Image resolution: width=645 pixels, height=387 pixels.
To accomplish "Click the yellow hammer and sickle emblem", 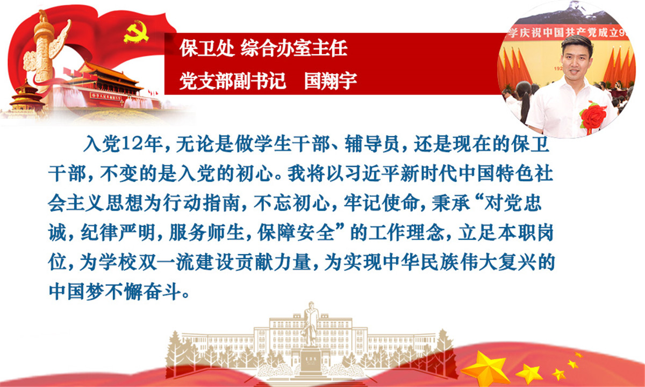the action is pos(136,32).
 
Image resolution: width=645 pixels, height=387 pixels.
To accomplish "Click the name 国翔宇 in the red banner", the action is pos(331,81).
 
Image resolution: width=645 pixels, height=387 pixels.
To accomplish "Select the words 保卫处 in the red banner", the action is pos(207,48).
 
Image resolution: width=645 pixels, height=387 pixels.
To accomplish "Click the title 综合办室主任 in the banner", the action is pos(293,48).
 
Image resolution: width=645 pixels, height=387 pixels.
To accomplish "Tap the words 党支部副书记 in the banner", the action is pos(232,81).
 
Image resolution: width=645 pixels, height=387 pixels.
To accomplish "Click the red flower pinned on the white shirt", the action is pos(593,116).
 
